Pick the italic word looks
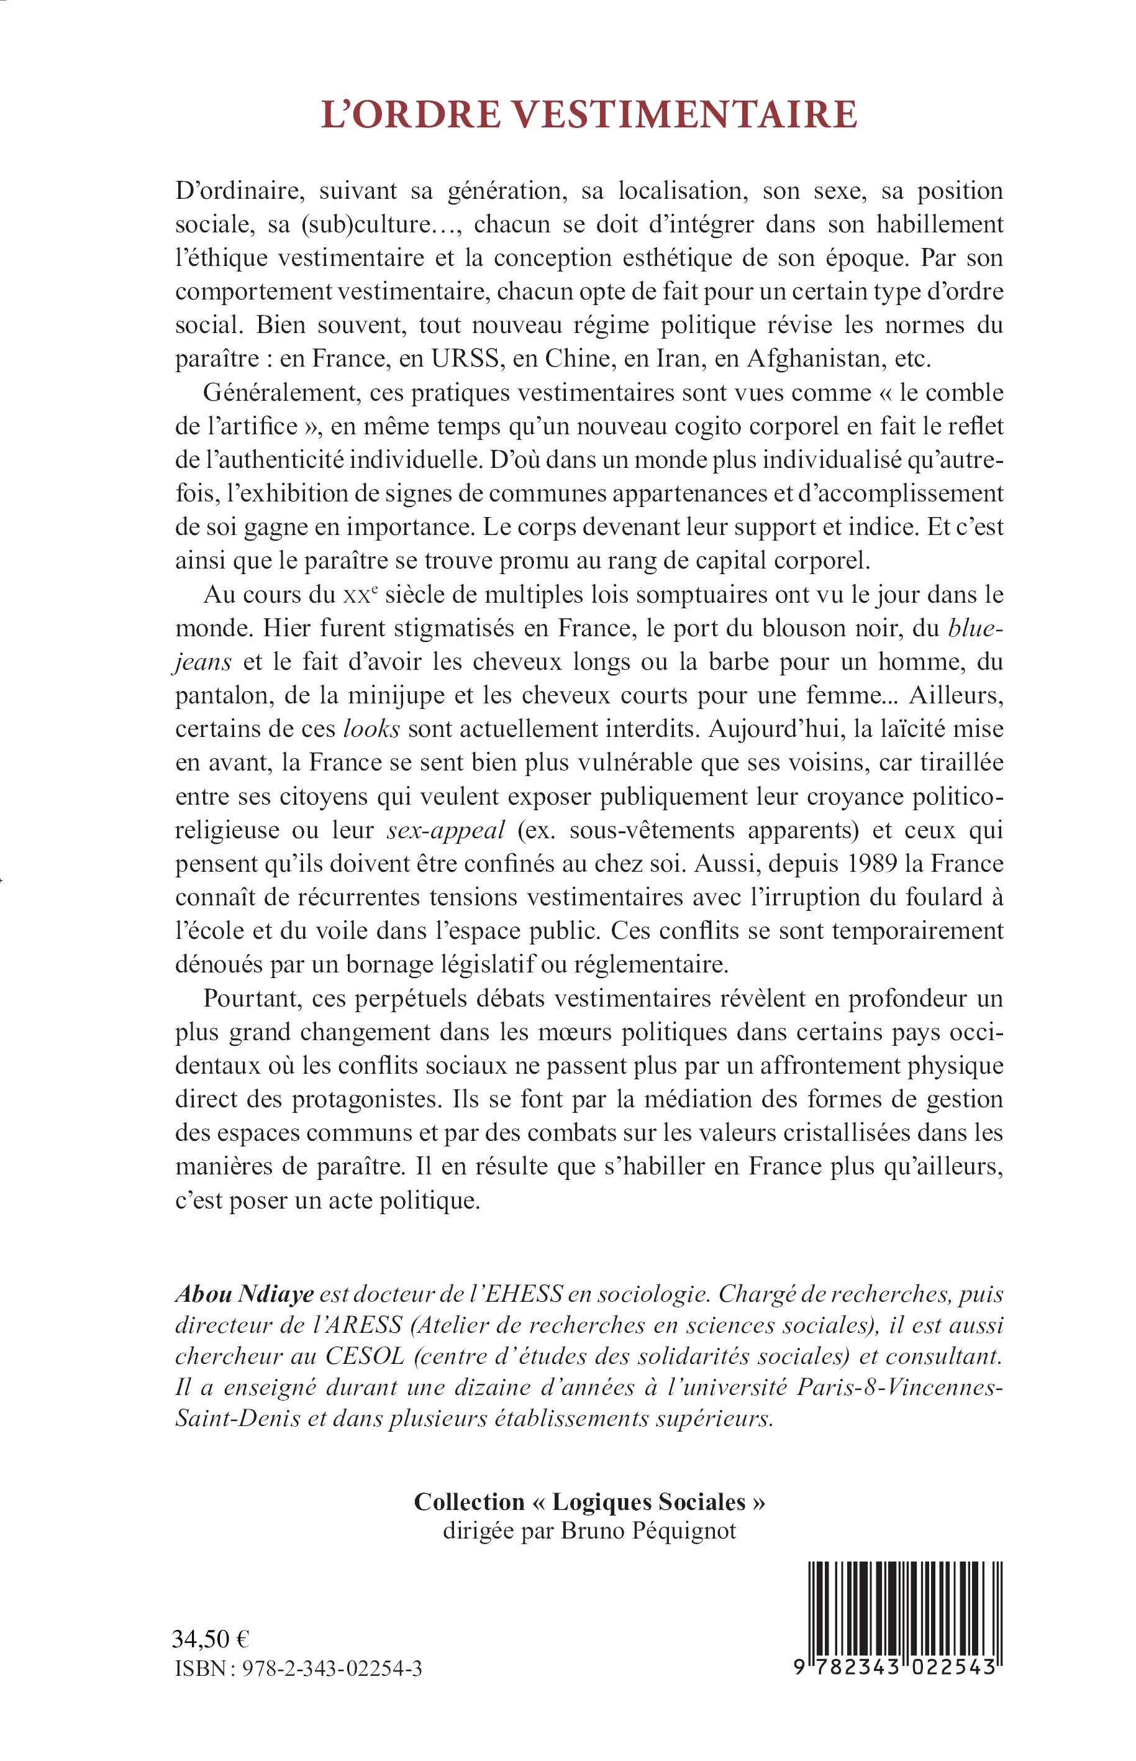point(373,728)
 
